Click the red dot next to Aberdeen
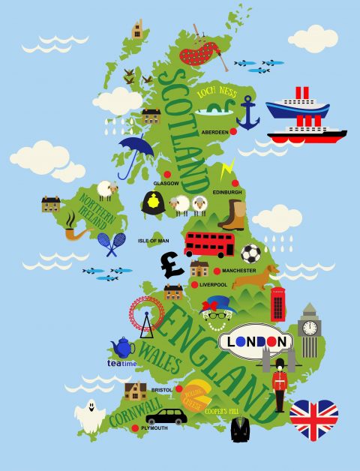point(233,131)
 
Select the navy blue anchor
point(247,112)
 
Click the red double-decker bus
point(209,244)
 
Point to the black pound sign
point(172,264)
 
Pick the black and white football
point(251,253)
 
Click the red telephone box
point(278,304)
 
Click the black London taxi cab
point(166,415)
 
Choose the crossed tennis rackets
point(112,242)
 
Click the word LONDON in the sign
point(257,341)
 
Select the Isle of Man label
point(154,241)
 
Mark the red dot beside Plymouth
point(135,428)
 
